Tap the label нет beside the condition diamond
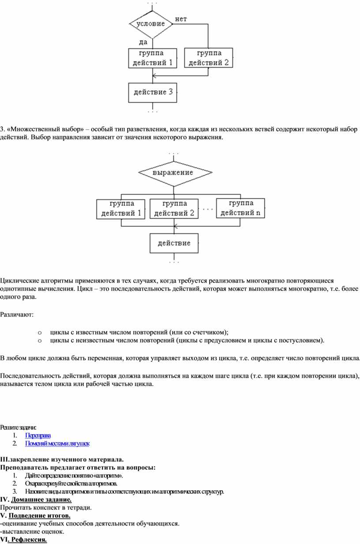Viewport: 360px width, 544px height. [181, 19]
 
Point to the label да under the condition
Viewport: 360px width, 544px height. [143, 42]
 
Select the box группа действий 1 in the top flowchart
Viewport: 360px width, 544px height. [153, 58]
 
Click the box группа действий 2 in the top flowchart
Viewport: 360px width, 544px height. [209, 58]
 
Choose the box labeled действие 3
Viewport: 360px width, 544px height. [153, 93]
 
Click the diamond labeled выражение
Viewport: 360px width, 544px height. [173, 173]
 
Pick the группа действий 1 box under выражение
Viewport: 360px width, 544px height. [121, 209]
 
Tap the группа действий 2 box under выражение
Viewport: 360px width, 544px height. [174, 209]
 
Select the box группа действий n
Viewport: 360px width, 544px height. [241, 209]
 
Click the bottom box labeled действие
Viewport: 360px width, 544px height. [174, 243]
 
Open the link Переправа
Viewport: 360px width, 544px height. [38, 436]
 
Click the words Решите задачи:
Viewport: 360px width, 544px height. [19, 427]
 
